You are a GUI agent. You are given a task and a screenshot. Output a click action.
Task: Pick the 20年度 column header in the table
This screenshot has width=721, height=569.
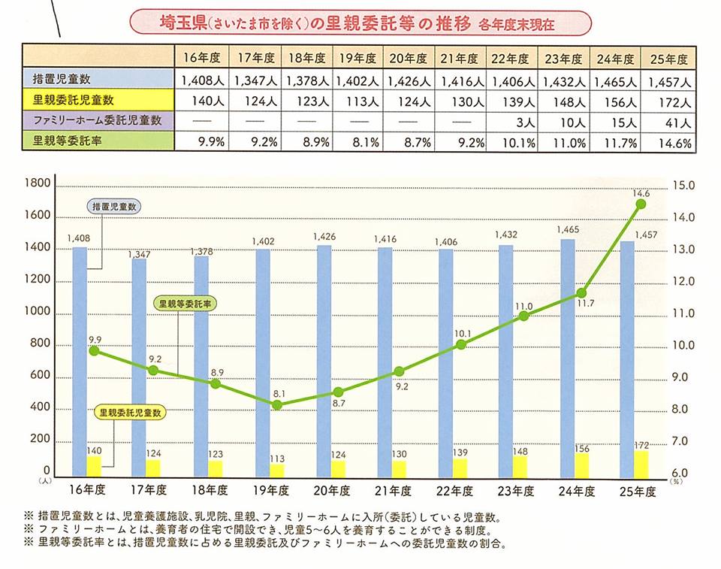[409, 58]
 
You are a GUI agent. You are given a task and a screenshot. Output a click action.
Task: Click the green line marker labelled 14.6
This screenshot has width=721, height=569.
[641, 204]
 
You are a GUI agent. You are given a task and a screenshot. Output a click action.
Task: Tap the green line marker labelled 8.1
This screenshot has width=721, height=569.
[277, 404]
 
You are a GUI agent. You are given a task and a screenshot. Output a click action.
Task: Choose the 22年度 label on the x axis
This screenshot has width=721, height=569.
[456, 491]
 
